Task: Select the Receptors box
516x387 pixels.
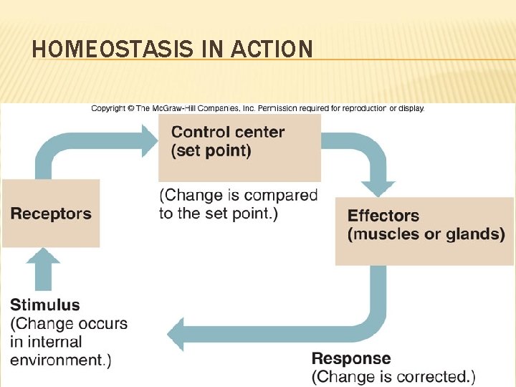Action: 51,214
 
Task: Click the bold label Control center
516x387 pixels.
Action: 228,132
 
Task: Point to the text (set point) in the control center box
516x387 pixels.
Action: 211,150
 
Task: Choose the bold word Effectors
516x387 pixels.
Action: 383,215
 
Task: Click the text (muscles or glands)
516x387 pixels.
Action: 426,234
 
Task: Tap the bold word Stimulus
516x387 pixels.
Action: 45,305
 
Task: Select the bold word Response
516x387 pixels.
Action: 351,358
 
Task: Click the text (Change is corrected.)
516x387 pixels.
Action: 393,376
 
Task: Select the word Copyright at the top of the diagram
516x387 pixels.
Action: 108,109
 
